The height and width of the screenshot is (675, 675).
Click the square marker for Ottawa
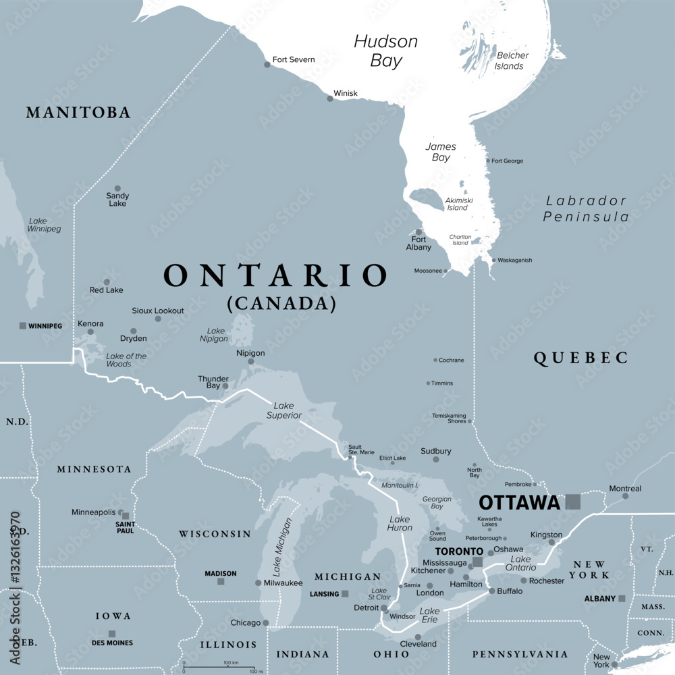click(x=573, y=502)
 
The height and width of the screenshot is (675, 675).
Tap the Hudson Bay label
click(x=386, y=51)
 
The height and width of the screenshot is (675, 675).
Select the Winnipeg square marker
click(x=23, y=326)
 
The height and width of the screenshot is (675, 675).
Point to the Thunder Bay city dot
click(x=225, y=386)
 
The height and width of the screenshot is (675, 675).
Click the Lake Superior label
click(x=283, y=410)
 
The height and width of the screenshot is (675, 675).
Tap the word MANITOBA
click(x=78, y=113)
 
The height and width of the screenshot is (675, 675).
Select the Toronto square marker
click(x=478, y=562)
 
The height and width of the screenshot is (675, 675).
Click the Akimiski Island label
click(x=457, y=204)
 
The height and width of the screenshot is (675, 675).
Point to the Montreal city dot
click(x=625, y=496)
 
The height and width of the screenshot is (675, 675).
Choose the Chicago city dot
click(x=266, y=623)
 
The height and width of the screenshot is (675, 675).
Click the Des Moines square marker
click(x=112, y=634)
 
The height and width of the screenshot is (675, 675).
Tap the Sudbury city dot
click(x=436, y=459)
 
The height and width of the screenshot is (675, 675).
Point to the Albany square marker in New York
click(x=622, y=598)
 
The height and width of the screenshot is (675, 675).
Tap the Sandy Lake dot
click(x=117, y=189)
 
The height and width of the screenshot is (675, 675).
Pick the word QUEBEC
click(x=580, y=358)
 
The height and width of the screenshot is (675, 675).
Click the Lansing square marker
click(x=345, y=594)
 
